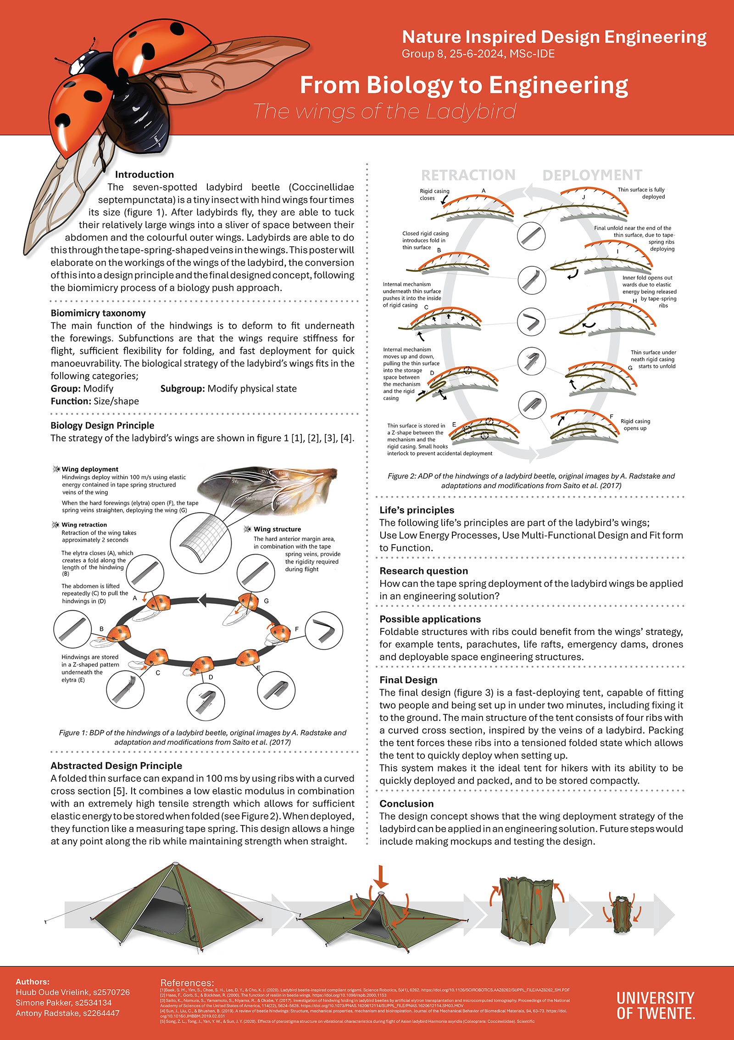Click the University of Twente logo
coord(656,1005)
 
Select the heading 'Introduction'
coord(144,174)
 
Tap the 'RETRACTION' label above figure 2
coord(468,175)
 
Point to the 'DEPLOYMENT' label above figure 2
coord(592,175)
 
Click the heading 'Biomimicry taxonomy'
coord(98,313)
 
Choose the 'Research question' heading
coord(423,571)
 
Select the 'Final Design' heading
coord(408,680)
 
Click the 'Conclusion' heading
coord(406,804)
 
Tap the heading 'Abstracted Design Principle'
coord(116,765)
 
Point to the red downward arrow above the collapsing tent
coord(381,877)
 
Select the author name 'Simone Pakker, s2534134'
coord(64,1002)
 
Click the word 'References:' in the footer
coord(187,983)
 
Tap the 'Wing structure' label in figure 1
coord(277,529)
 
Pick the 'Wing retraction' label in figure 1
coord(84,525)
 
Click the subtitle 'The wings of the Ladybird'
coord(384,112)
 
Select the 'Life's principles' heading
coord(417,510)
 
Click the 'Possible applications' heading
coord(430,619)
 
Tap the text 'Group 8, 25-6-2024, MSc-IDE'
coord(478,54)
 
